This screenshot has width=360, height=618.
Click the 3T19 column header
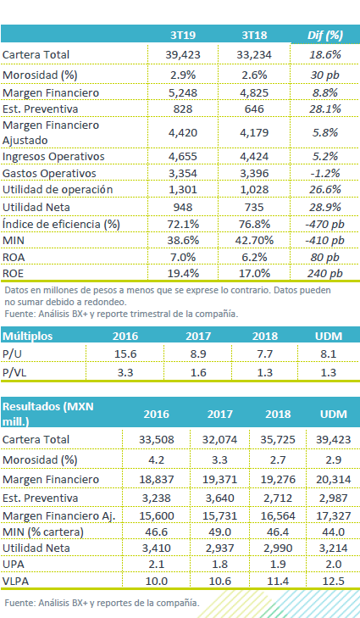tap(183, 35)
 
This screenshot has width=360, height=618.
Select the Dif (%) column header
tap(325, 36)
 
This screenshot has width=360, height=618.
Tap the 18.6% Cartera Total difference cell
tap(325, 54)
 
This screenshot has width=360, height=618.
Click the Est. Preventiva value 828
tap(183, 109)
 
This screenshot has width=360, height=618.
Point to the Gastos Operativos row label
tap(49, 174)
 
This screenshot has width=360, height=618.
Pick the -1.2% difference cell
tap(325, 174)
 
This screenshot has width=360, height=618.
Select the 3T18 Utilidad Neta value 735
tap(254, 207)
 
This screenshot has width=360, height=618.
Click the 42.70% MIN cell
tap(254, 241)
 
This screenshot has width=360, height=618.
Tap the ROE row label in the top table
tap(13, 274)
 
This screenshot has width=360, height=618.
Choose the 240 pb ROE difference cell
tap(325, 274)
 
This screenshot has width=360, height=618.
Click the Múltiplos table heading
tap(28, 337)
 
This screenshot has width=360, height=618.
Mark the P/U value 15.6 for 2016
tap(125, 354)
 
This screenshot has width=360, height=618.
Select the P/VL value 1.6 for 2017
tap(198, 372)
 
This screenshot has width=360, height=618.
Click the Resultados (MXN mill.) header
tap(48, 414)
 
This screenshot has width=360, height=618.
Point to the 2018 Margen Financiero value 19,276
tap(278, 480)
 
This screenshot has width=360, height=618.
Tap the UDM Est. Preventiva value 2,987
tap(333, 498)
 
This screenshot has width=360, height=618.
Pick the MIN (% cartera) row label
tap(43, 532)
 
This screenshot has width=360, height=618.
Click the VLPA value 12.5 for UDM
tap(333, 581)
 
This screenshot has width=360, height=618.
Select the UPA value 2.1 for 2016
tap(157, 564)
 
